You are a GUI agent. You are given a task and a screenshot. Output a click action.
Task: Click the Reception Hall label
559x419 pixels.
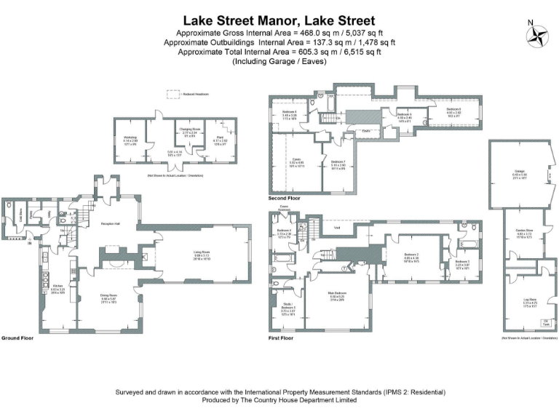point(109,223)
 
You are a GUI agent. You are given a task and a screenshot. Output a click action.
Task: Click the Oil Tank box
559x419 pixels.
point(545,322)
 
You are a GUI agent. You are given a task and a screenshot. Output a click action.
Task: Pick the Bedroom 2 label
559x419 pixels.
point(411,256)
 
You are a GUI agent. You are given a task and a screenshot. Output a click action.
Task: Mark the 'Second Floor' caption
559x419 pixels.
point(284,198)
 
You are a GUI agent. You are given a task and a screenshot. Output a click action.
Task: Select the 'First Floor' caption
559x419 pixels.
point(281,338)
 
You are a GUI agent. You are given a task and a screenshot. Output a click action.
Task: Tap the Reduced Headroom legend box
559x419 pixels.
point(174,93)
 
